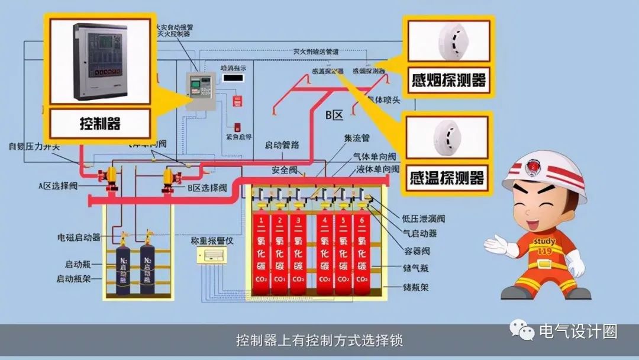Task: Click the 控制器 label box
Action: (100, 124)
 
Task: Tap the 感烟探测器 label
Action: (448, 81)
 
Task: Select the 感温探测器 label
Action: (448, 177)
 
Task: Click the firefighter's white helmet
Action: (544, 175)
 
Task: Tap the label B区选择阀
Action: (206, 188)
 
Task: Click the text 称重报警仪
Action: (211, 242)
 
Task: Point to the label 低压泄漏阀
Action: (424, 219)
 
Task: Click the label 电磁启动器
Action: (79, 237)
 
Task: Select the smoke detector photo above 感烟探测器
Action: (448, 40)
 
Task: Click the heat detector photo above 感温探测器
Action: (448, 137)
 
